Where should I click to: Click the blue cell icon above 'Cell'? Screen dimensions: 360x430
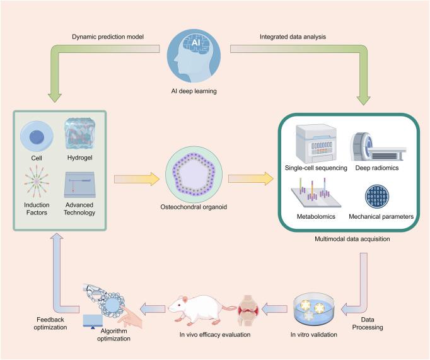click(35, 137)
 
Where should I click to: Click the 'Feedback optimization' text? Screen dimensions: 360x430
click(49, 323)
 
